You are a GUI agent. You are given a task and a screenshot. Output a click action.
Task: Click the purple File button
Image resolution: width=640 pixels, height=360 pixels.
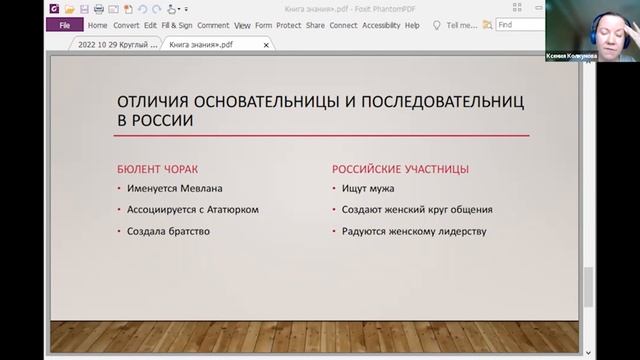(64, 25)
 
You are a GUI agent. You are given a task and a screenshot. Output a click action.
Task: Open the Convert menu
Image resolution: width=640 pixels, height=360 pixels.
(125, 25)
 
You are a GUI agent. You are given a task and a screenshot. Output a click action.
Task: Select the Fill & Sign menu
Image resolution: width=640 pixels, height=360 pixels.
(177, 25)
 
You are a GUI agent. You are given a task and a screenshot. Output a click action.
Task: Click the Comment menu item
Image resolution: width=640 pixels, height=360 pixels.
(213, 25)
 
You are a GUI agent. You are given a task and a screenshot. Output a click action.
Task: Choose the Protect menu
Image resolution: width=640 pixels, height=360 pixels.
(290, 25)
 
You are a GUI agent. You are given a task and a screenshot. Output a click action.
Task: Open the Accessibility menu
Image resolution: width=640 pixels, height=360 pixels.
(381, 25)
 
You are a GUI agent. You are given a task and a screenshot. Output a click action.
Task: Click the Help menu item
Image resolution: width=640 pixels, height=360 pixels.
(412, 25)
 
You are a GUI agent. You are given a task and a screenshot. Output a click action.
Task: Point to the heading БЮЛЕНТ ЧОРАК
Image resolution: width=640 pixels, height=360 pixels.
(165, 169)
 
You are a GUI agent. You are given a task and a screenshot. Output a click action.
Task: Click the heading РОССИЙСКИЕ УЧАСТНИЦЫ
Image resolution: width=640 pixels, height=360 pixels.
(399, 169)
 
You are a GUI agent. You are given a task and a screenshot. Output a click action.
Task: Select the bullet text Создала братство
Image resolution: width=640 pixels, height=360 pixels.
(168, 232)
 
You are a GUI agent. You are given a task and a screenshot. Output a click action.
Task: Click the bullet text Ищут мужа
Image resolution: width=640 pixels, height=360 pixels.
(367, 188)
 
